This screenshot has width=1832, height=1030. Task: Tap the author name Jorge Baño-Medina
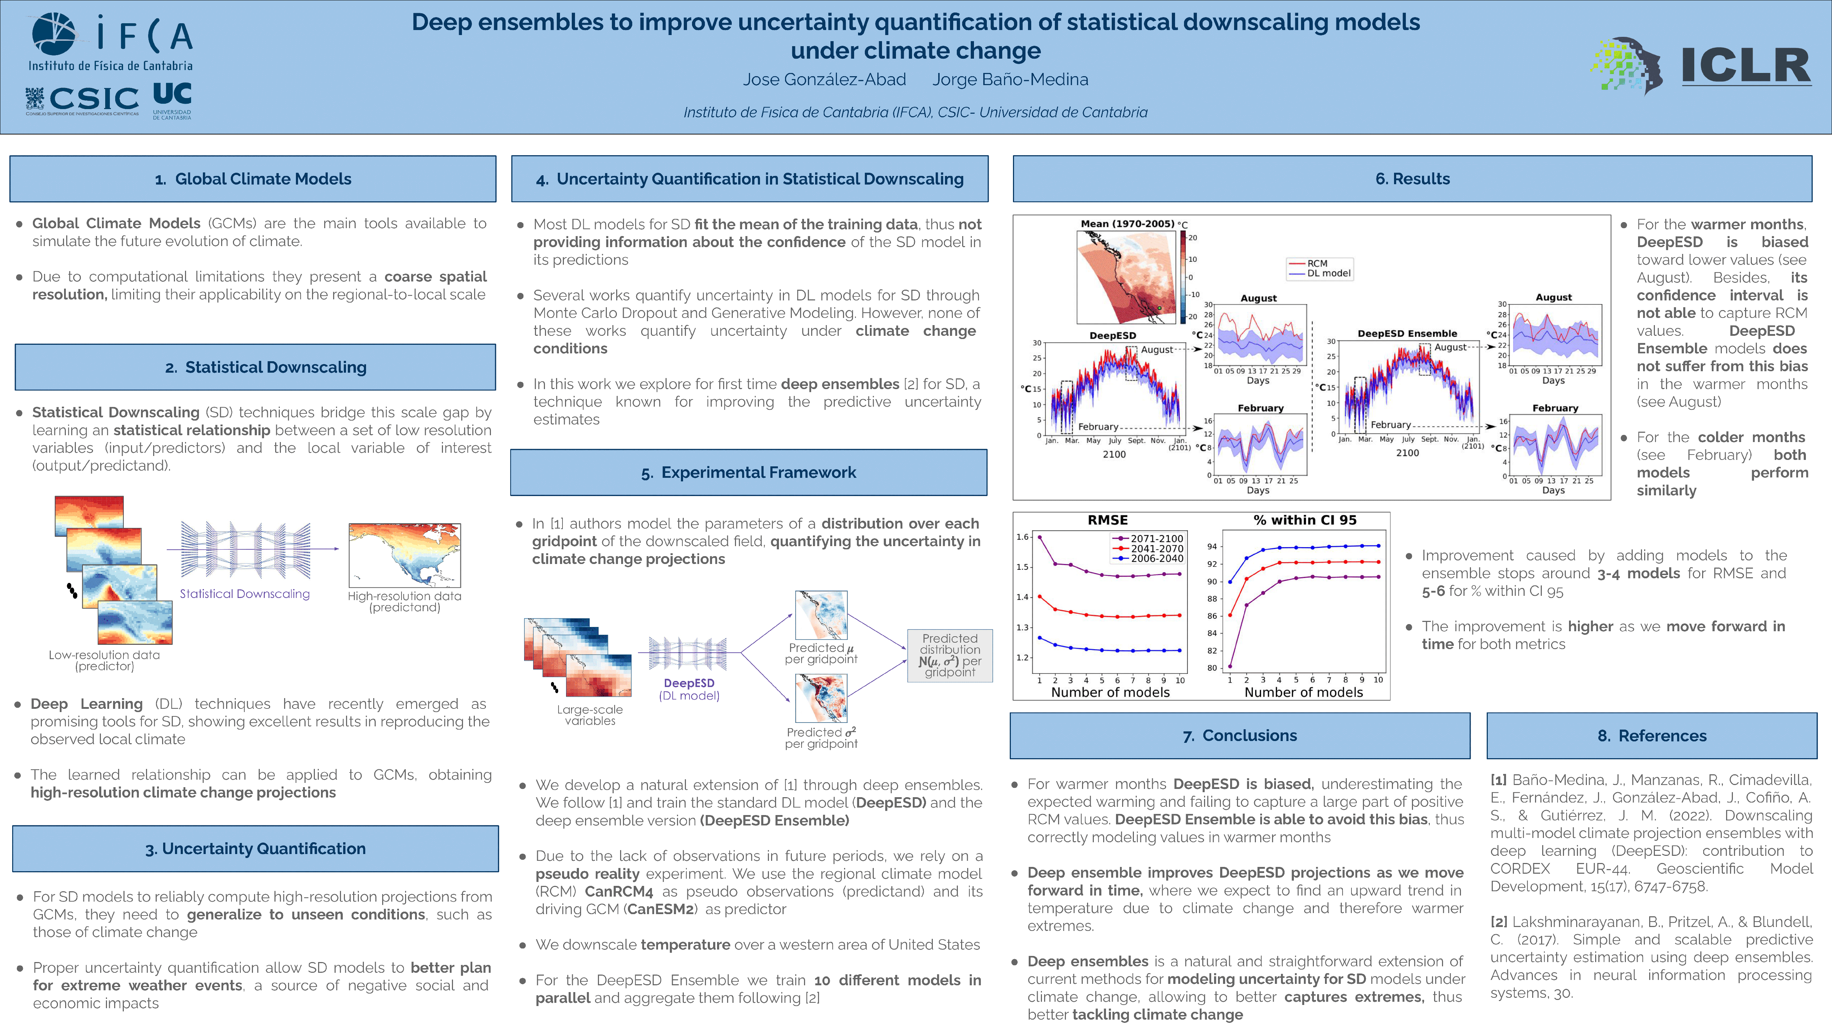coord(1010,80)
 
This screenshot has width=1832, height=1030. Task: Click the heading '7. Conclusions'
coord(1239,736)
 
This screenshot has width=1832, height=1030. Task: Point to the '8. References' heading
coord(1651,736)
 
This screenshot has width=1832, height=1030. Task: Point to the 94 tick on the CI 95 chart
coord(1212,546)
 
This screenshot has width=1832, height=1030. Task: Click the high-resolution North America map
coord(405,555)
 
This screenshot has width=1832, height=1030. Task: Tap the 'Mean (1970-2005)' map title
coord(1127,224)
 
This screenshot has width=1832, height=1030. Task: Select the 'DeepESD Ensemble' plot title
coord(1407,333)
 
